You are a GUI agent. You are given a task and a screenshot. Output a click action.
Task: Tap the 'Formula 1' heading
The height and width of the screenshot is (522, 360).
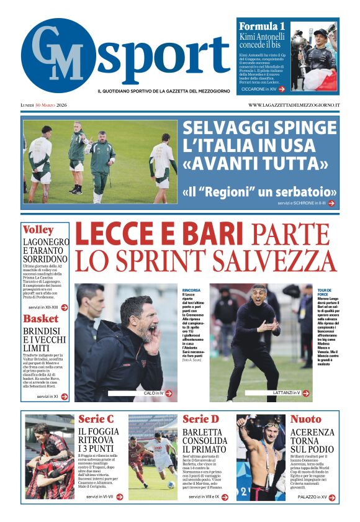(262, 26)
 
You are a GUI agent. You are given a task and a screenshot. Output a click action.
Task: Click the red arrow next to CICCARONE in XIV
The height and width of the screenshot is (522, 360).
(282, 89)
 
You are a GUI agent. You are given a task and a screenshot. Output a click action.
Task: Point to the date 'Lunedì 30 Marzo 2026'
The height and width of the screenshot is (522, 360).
(47, 105)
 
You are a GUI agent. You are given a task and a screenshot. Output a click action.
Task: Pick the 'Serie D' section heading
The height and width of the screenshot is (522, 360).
(200, 420)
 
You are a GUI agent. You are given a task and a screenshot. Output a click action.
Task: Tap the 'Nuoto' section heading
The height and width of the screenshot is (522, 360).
(305, 420)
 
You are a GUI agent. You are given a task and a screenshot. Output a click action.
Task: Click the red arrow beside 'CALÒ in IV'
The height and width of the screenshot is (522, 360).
(168, 393)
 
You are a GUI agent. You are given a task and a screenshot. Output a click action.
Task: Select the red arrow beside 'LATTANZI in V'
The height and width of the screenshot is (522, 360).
(305, 393)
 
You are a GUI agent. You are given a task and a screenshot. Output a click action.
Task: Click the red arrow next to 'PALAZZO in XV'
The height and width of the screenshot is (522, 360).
(331, 497)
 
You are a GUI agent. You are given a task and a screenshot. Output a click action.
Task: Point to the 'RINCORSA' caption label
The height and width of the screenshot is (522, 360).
(191, 290)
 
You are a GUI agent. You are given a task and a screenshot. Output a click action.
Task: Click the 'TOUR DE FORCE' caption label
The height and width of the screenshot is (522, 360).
(325, 293)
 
